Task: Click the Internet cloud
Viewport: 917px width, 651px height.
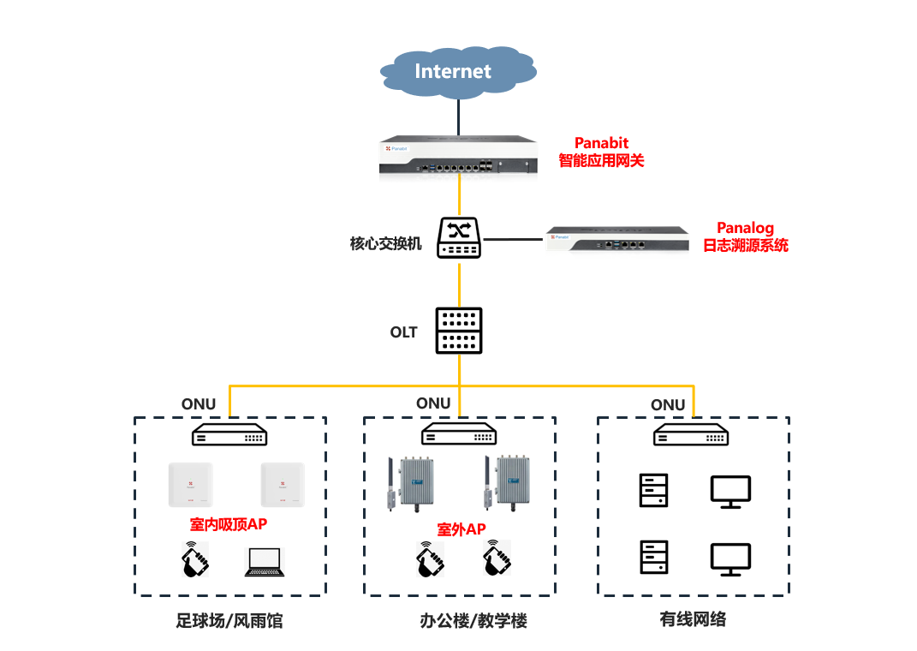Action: click(x=458, y=72)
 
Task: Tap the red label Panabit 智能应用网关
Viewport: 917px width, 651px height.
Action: click(x=601, y=152)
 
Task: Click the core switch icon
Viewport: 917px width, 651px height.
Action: click(x=459, y=237)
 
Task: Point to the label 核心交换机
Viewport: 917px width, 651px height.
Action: click(x=385, y=243)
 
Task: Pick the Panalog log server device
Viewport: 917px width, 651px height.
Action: click(x=617, y=239)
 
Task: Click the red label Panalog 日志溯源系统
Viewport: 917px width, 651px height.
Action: click(x=746, y=236)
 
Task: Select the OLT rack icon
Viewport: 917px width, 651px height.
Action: click(x=459, y=331)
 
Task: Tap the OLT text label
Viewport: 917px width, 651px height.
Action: click(x=403, y=332)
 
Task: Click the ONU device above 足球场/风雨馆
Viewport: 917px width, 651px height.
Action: click(x=229, y=434)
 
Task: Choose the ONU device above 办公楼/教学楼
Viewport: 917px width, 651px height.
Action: click(x=459, y=434)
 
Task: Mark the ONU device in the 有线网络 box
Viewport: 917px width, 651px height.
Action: click(x=691, y=434)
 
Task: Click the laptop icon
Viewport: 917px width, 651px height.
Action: click(x=265, y=562)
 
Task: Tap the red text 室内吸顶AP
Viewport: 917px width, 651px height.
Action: click(x=229, y=524)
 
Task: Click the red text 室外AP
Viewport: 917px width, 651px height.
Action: click(x=461, y=529)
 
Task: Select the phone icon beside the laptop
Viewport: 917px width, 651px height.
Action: click(x=194, y=559)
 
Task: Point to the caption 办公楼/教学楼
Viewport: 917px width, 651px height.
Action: click(x=473, y=620)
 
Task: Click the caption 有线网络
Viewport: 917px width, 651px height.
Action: click(x=693, y=618)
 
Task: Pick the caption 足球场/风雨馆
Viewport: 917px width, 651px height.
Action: click(x=229, y=620)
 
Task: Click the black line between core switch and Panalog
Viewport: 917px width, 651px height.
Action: click(x=513, y=239)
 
